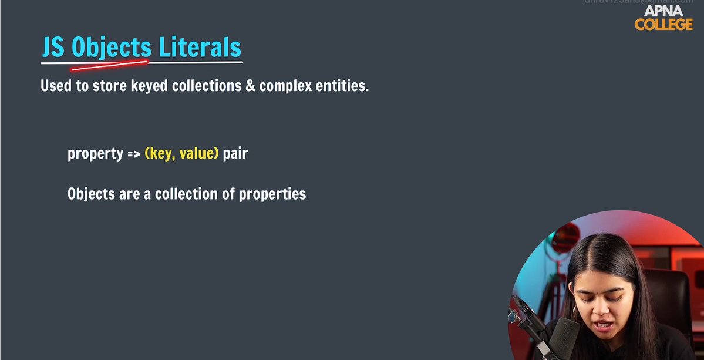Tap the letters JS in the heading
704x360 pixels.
click(53, 48)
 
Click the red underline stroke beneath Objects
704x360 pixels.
click(109, 64)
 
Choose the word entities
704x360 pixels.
click(343, 86)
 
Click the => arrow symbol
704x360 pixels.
click(133, 154)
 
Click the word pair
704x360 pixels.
click(235, 154)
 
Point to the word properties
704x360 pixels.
click(272, 194)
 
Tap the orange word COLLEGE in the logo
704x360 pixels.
click(663, 25)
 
